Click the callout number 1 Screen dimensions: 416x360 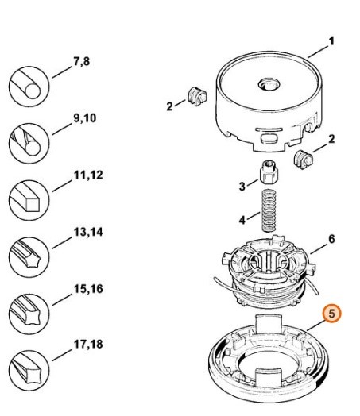coord(332,40)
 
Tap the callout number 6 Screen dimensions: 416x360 coord(331,237)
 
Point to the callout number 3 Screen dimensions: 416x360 coord(243,186)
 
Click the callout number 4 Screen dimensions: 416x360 coord(243,219)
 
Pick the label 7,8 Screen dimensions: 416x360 coord(81,60)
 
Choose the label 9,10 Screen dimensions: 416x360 coord(85,117)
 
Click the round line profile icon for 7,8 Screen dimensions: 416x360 coord(27,83)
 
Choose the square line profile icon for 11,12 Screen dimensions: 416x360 coord(27,198)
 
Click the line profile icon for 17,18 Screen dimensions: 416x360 coord(27,369)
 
